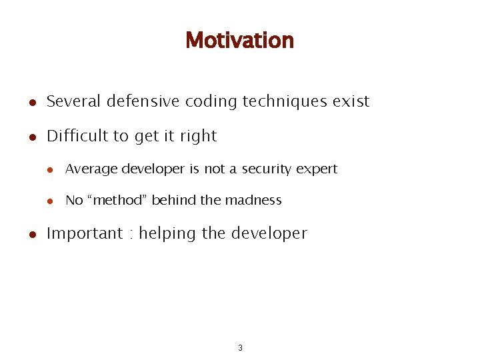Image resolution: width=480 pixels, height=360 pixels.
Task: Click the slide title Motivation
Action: coord(239,40)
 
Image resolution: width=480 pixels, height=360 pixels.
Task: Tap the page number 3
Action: coord(240,347)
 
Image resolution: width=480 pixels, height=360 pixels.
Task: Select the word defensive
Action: coord(140,101)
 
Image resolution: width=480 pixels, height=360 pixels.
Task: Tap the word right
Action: coord(199,137)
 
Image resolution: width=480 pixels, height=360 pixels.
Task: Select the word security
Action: coord(267,169)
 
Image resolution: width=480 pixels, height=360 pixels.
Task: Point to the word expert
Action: coord(317,170)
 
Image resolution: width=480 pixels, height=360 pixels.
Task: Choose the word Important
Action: coord(85,233)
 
